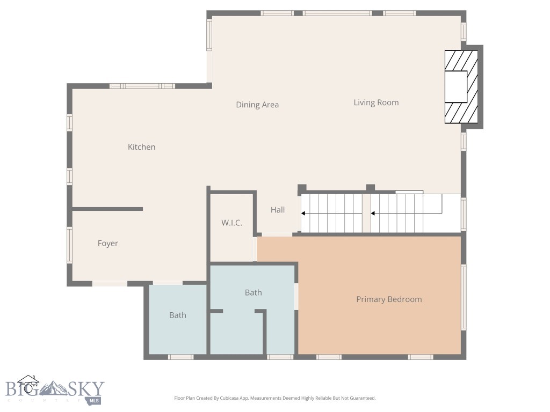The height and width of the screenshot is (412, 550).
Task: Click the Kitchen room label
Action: coord(141,147)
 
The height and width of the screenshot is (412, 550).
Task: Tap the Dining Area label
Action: coord(257,105)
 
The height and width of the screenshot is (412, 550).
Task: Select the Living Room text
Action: coord(376,102)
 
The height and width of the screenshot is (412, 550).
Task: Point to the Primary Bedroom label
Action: coord(389,299)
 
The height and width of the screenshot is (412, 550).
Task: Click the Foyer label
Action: coord(107,244)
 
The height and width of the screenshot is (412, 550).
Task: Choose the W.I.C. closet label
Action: coord(231,223)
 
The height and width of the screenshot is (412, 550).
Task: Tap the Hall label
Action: coord(278,210)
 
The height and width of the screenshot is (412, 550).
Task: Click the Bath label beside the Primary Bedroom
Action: coord(253,292)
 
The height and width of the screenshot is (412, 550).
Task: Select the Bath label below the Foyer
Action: coord(177,315)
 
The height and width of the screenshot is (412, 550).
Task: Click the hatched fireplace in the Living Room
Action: coord(460,87)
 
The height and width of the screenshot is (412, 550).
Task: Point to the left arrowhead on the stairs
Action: coord(303,214)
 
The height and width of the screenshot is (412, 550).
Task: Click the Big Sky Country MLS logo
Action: coord(54,391)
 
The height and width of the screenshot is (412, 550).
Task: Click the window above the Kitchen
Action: coord(142,86)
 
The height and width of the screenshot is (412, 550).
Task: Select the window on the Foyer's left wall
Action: coord(69,245)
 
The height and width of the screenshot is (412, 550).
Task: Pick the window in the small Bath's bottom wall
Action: coord(180,357)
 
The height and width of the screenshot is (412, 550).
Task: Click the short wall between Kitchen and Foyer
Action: coord(107,209)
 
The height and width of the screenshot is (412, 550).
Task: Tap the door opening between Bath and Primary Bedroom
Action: coord(296,296)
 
